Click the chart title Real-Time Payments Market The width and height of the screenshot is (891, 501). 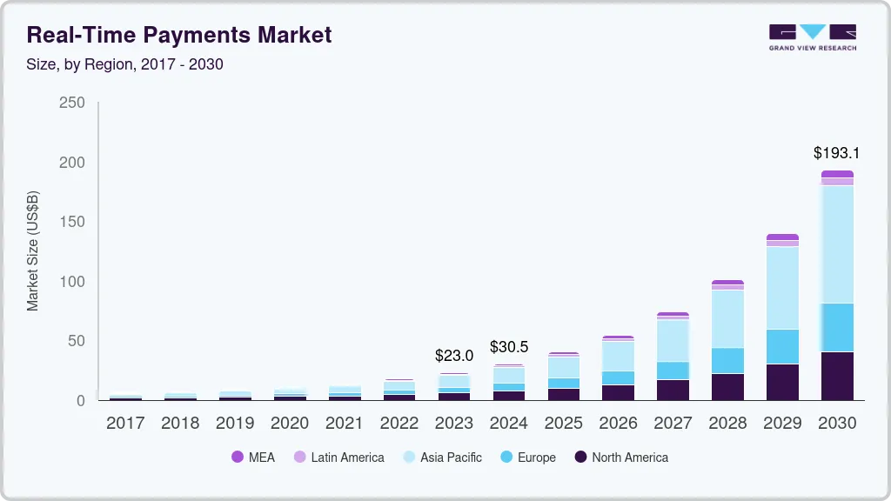pyautogui.click(x=179, y=36)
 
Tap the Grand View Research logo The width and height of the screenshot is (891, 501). pyautogui.click(x=812, y=37)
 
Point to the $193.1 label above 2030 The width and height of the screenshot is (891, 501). pyautogui.click(x=836, y=153)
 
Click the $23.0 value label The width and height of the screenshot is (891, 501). pyautogui.click(x=454, y=356)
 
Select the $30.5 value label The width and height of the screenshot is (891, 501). pyautogui.click(x=509, y=347)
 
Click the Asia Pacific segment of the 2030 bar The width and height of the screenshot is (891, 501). pyautogui.click(x=837, y=244)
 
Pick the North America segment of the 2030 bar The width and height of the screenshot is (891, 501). pyautogui.click(x=837, y=376)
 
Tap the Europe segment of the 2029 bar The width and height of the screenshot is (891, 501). pyautogui.click(x=782, y=346)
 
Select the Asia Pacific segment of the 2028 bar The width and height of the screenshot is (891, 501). pyautogui.click(x=727, y=318)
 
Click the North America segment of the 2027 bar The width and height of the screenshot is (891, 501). pyautogui.click(x=673, y=390)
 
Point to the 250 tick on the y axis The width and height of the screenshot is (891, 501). pyautogui.click(x=71, y=103)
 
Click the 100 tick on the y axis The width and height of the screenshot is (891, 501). pyautogui.click(x=71, y=282)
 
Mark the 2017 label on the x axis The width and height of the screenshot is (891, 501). pyautogui.click(x=125, y=424)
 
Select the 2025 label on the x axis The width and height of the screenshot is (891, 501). pyautogui.click(x=564, y=424)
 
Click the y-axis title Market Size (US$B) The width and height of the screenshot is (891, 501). pyautogui.click(x=33, y=250)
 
